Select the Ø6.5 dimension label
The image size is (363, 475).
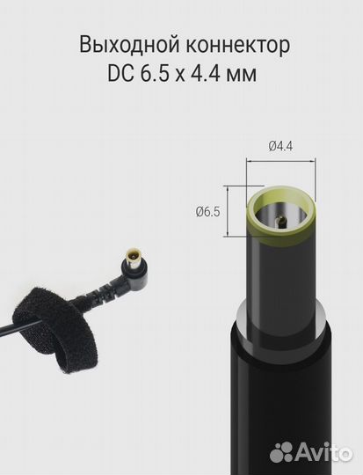pyautogui.click(x=207, y=212)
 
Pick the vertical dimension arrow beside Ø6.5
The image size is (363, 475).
pyautogui.click(x=231, y=213)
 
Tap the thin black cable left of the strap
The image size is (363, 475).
pyautogui.click(x=7, y=329)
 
